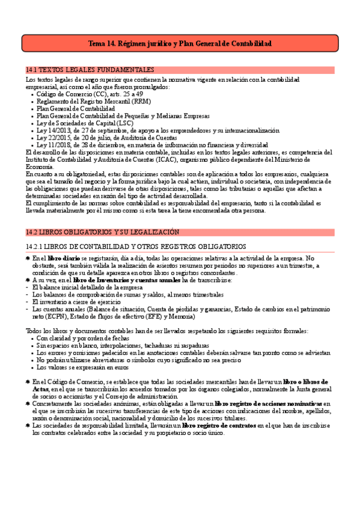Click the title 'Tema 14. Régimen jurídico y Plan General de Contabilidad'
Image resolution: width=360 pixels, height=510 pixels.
pyautogui.click(x=180, y=44)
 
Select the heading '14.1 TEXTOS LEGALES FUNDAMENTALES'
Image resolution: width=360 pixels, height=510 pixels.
pyautogui.click(x=90, y=70)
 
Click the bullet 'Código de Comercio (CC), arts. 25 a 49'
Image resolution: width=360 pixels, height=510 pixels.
pyautogui.click(x=90, y=94)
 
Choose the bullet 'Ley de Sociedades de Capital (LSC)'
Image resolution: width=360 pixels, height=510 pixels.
pyautogui.click(x=85, y=123)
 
